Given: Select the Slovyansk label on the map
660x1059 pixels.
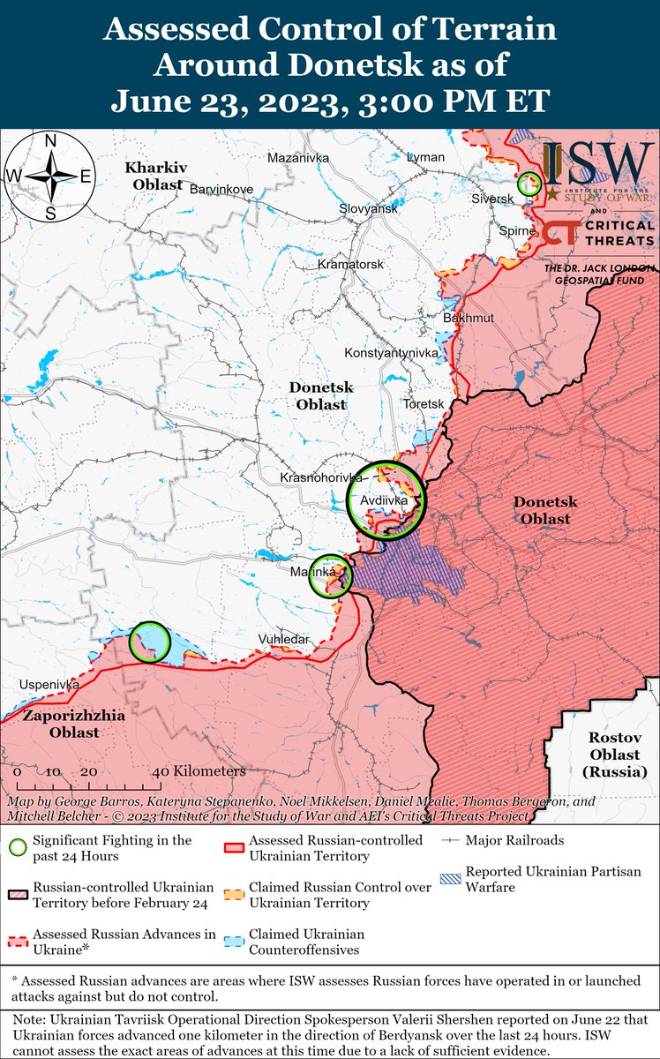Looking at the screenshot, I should [369, 208].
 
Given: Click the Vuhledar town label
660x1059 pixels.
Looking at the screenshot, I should [284, 638].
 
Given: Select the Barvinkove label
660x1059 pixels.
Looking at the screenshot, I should [221, 189].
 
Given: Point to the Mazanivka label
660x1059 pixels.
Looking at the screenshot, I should [297, 157].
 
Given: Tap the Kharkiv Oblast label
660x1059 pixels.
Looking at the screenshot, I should [154, 176].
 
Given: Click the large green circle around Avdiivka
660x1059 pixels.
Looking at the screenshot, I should [386, 499].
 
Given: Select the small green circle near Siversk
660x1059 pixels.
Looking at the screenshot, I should [529, 184].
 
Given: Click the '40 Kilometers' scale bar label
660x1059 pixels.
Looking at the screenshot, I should [201, 770].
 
